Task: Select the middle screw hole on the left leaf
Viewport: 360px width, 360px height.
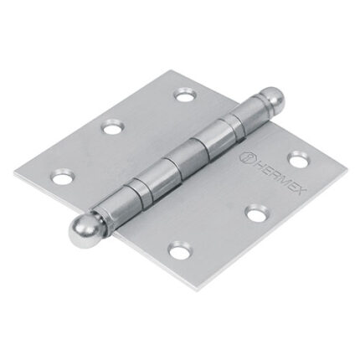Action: tap(111, 127)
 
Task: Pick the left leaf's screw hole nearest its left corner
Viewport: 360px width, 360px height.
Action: tap(61, 176)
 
